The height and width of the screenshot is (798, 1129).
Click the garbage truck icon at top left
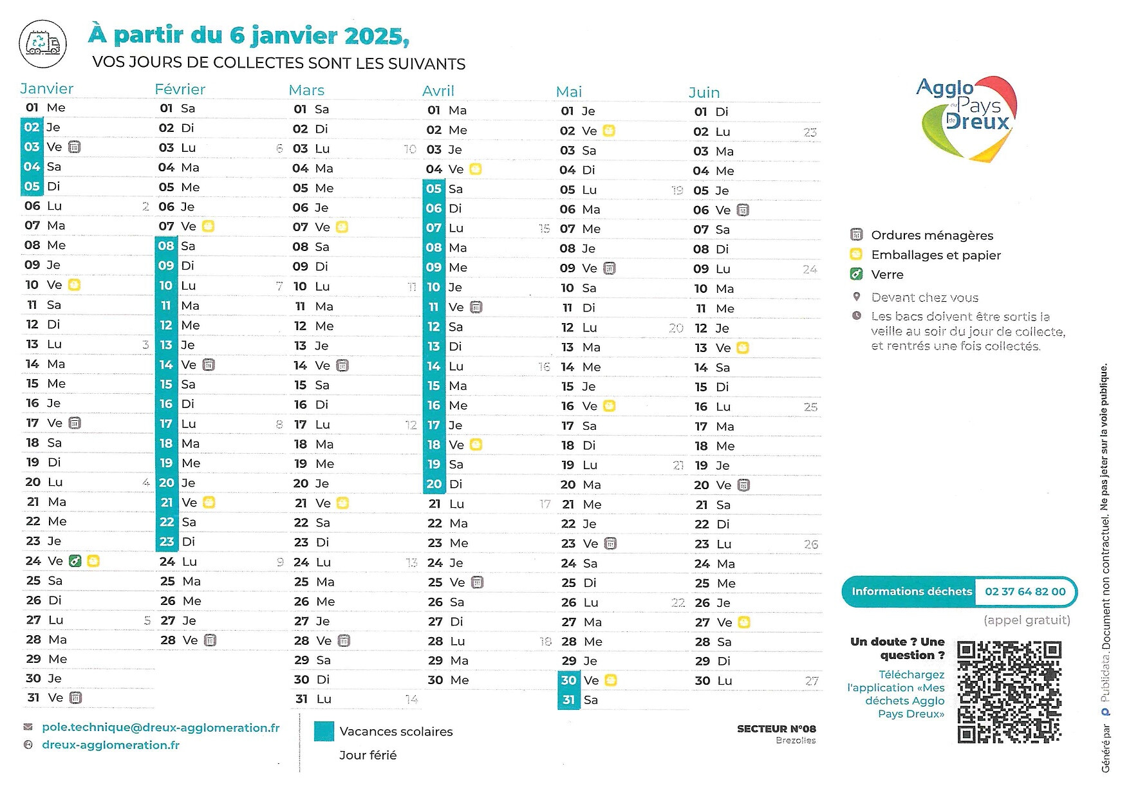43,44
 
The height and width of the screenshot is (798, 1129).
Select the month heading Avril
438,91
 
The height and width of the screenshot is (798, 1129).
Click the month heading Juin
704,93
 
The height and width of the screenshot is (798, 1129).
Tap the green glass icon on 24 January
75,561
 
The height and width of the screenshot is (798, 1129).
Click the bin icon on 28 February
210,640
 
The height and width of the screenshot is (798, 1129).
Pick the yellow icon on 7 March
342,227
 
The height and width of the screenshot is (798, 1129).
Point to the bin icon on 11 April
476,308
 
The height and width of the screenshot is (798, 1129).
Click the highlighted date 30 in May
568,680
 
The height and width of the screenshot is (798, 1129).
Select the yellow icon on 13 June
743,348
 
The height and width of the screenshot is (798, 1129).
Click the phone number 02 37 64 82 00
1025,592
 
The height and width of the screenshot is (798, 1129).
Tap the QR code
1009,692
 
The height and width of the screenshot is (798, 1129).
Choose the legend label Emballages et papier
936,255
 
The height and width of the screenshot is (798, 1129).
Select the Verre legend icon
856,275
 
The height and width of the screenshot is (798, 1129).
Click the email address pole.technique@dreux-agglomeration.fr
160,728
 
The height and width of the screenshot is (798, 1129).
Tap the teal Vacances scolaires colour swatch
324,732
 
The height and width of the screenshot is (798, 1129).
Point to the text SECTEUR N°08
776,729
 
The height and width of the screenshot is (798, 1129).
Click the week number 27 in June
812,681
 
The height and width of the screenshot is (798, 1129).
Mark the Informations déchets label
911,592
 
